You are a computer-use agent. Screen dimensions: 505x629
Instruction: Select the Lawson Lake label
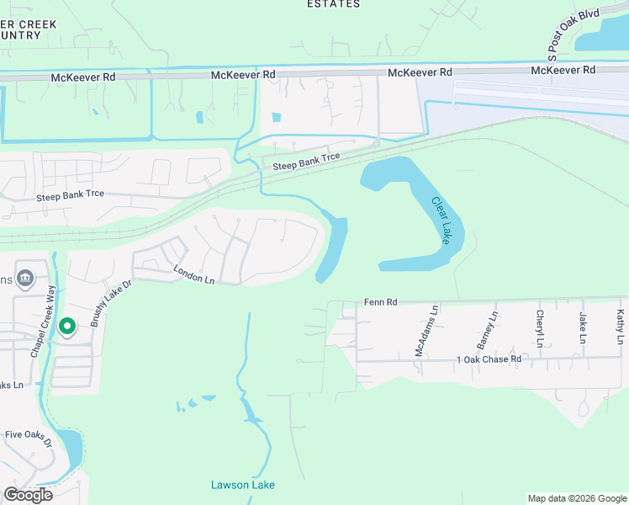point(242,485)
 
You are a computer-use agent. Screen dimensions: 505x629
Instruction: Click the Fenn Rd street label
point(379,301)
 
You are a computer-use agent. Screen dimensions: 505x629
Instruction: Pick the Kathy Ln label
point(621,327)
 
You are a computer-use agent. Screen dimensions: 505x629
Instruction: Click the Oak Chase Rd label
point(492,359)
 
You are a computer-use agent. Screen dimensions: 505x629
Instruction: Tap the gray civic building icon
point(25,278)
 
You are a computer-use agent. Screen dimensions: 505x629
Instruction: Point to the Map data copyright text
point(576,498)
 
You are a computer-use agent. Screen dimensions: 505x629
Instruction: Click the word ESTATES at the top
point(333,4)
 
